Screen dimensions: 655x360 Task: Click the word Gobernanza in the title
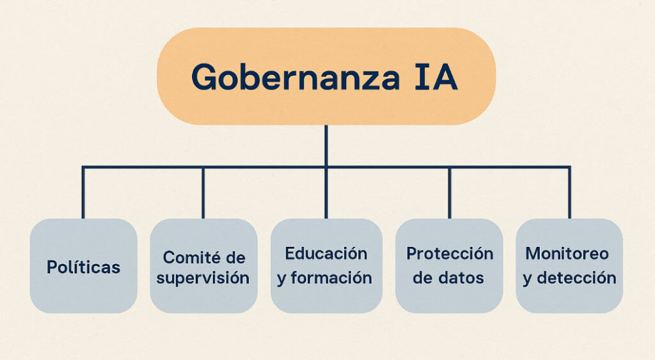[x=296, y=77]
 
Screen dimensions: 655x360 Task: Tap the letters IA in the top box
[x=436, y=77]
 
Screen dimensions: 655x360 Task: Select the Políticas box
[x=84, y=265]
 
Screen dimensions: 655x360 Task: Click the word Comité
[x=192, y=257]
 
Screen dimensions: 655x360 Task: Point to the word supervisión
[x=203, y=278]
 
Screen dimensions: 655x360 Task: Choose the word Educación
[x=326, y=253]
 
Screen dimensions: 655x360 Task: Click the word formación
[x=331, y=278]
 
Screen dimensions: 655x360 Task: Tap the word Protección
[x=450, y=253]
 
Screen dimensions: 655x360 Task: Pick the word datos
[x=461, y=278]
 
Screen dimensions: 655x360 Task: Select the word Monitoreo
[x=567, y=253]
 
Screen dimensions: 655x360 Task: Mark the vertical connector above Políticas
[x=83, y=192]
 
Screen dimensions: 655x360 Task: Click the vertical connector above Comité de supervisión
[x=203, y=192]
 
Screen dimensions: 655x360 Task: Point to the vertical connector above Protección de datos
[x=450, y=192]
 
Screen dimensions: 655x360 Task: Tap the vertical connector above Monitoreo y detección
[x=569, y=192]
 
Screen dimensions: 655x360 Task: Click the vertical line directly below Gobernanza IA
[x=326, y=145]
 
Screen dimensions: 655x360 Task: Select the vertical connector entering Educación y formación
[x=326, y=193]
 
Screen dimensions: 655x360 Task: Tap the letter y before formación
[x=281, y=279]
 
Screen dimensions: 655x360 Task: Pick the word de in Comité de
[x=235, y=257]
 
